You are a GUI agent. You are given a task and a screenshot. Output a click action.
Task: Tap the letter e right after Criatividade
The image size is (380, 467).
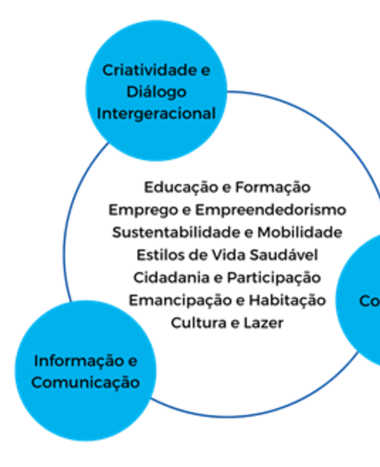pyautogui.click(x=205, y=70)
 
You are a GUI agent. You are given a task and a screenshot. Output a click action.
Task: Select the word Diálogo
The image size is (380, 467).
pyautogui.click(x=156, y=92)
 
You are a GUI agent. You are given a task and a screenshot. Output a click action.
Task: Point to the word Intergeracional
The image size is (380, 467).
pyautogui.click(x=156, y=114)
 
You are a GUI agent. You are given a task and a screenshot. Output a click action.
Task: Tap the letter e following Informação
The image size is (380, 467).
pyautogui.click(x=132, y=361)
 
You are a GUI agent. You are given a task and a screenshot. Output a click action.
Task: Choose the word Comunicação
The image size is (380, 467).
pyautogui.click(x=85, y=383)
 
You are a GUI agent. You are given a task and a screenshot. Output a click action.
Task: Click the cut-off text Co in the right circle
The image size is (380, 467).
pyautogui.click(x=369, y=301)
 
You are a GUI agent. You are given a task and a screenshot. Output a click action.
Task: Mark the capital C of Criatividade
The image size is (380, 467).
pyautogui.click(x=108, y=70)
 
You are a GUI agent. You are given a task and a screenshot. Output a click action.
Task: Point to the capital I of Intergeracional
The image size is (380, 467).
pyautogui.click(x=100, y=114)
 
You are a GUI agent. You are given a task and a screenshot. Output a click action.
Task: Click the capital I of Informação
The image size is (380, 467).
pyautogui.click(x=35, y=361)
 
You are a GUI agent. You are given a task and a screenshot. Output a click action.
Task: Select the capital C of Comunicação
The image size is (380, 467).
pyautogui.click(x=37, y=383)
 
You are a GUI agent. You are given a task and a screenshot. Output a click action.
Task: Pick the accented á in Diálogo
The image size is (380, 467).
pyautogui.click(x=148, y=92)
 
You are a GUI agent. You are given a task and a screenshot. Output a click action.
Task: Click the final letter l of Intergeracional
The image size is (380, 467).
pyautogui.click(x=213, y=114)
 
